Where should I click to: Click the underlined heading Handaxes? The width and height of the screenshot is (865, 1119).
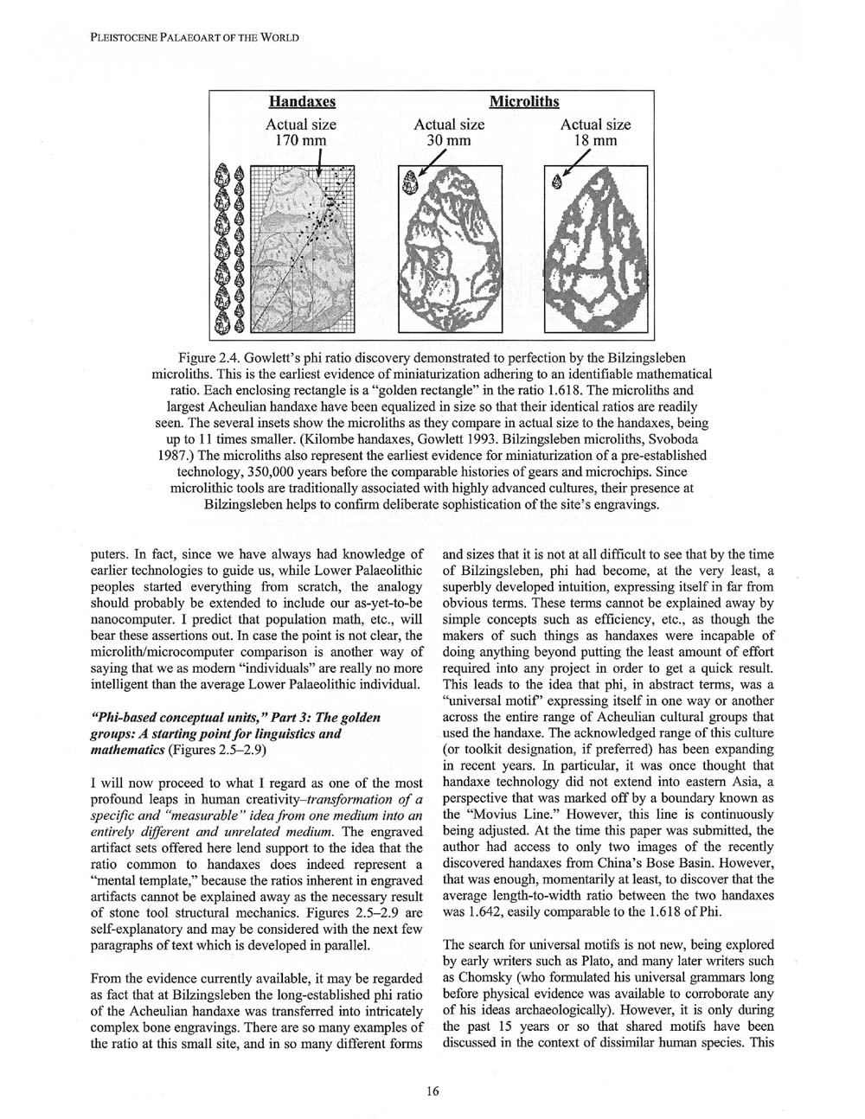[300, 102]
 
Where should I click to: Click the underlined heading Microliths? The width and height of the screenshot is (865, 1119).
[523, 102]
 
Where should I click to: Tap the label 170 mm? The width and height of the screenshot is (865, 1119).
[300, 140]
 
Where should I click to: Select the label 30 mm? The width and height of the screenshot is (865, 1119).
[448, 140]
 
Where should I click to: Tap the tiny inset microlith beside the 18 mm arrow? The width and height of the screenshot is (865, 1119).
[556, 180]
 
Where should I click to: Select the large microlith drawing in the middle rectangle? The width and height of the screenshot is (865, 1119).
[449, 251]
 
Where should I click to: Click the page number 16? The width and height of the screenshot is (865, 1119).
[432, 1090]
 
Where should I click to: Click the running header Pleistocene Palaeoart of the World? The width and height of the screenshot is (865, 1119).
[195, 37]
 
